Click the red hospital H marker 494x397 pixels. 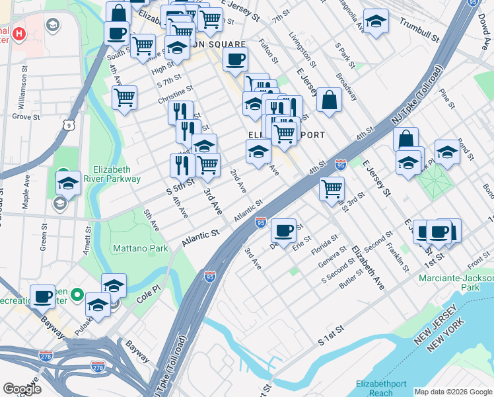(19, 33)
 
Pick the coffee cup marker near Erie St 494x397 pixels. (283, 231)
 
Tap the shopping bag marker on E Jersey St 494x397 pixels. (329, 101)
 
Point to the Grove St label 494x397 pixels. (26, 116)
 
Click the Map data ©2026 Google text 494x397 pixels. (452, 392)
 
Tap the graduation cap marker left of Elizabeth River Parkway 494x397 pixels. (68, 185)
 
